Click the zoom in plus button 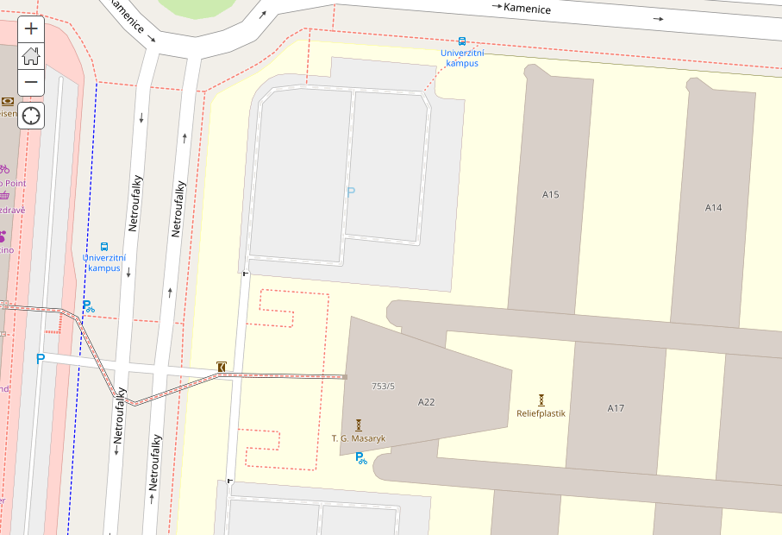tap(31, 28)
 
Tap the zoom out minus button tap(31, 82)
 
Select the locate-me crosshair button tap(31, 116)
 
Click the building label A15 tap(551, 194)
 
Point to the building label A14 tap(713, 207)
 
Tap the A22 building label tap(426, 402)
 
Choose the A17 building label tap(616, 408)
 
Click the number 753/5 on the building tap(383, 386)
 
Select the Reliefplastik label tap(541, 413)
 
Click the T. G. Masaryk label tap(359, 438)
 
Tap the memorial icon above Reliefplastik tap(541, 400)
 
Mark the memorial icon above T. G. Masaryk tap(359, 425)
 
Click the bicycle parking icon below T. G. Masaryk tap(361, 458)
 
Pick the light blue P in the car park tap(350, 192)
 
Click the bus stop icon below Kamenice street tap(462, 41)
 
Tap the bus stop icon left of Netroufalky tap(104, 247)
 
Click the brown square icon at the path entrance tap(222, 368)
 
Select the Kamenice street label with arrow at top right tap(526, 8)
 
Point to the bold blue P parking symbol tap(40, 359)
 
